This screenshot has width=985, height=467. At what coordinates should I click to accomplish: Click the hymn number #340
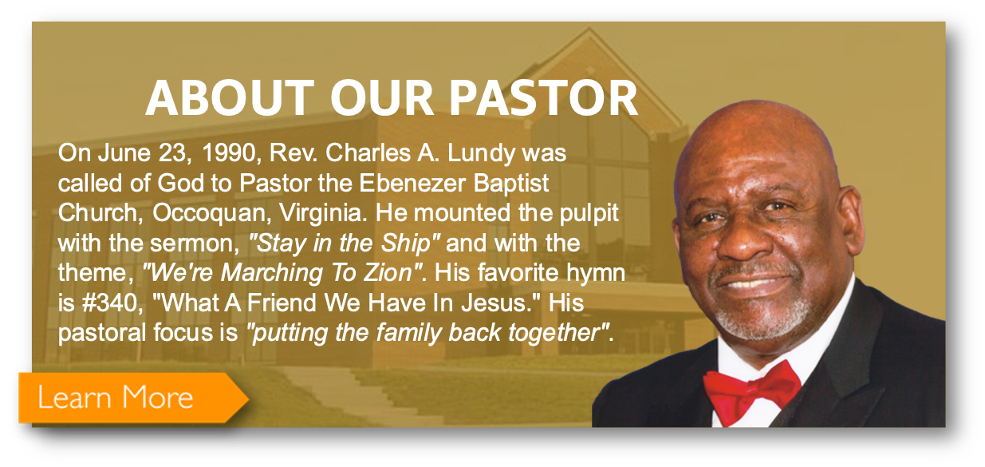[x=112, y=303]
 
